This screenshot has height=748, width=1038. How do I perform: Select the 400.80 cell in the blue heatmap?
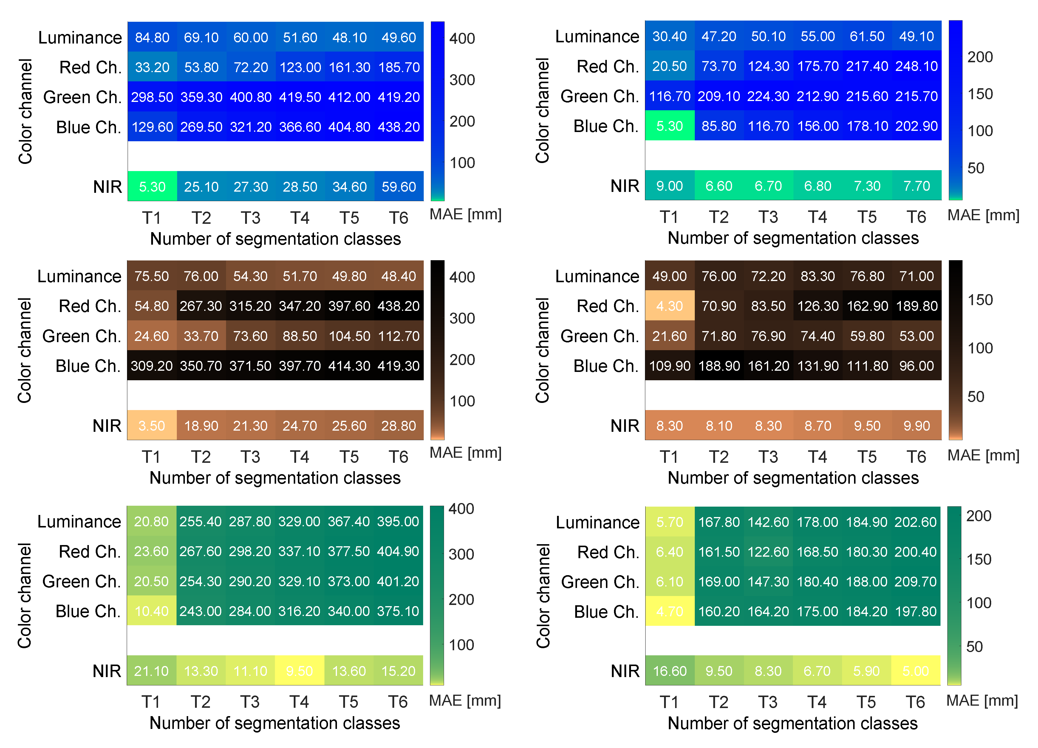250,97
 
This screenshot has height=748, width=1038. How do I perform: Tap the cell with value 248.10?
916,66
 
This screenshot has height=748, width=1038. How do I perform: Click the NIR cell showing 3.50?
151,426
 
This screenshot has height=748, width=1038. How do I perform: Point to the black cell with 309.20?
151,366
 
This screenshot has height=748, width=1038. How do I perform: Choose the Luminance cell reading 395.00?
398,522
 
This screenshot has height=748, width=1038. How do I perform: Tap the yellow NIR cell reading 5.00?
915,671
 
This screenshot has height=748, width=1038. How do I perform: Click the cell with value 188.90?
719,366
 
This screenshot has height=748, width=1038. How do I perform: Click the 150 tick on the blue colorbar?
980,94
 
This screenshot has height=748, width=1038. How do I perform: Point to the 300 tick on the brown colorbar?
462,318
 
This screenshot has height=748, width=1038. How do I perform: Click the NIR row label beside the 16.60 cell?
625,671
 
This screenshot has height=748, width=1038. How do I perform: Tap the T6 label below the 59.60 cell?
398,218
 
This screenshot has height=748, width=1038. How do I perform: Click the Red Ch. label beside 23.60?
90,551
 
